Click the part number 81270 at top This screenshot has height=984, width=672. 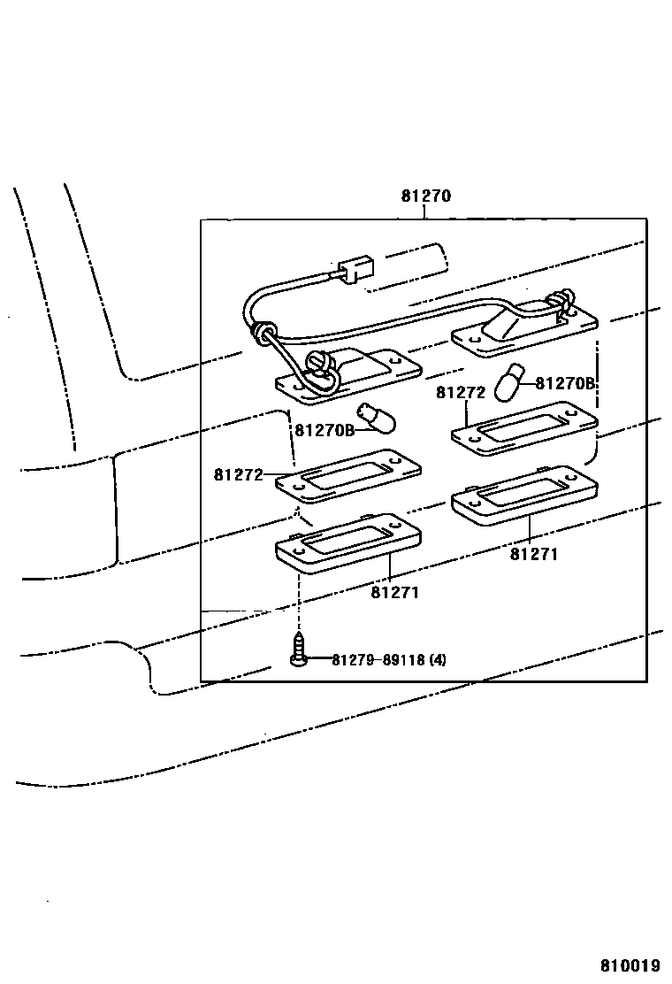tap(425, 196)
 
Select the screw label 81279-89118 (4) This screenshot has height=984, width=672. tap(389, 660)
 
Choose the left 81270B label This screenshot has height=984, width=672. tap(324, 430)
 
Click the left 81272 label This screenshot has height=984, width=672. tap(238, 474)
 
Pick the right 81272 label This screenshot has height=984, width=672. tap(461, 392)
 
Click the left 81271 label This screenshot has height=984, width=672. tap(394, 592)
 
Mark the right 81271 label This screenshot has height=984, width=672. tap(533, 554)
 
